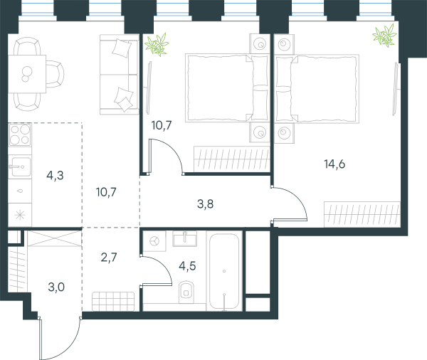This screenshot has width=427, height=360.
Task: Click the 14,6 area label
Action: click(x=334, y=164)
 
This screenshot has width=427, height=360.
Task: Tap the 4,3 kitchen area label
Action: click(x=55, y=176)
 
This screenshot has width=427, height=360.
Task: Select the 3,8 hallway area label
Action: click(x=206, y=203)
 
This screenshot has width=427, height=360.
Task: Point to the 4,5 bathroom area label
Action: click(x=187, y=266)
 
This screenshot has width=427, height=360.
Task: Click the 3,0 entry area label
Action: click(x=56, y=287)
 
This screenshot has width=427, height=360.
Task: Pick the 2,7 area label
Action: click(x=109, y=257)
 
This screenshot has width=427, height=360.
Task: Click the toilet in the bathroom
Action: click(x=186, y=292)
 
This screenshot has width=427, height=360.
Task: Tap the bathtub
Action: click(x=224, y=272)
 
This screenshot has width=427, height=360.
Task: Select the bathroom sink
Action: click(x=184, y=239)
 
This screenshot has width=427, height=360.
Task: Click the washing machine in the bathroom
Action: click(x=154, y=241)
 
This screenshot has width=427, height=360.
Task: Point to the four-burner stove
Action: click(x=20, y=134)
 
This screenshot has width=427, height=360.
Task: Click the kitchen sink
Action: click(x=20, y=166)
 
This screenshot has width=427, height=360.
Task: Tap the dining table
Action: click(x=27, y=74)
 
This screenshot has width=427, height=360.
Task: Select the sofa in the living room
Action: click(x=120, y=74)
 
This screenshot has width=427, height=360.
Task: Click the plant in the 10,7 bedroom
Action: click(x=157, y=44)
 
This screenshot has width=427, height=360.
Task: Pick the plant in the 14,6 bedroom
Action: click(x=385, y=36)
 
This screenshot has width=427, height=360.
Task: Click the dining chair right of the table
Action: click(x=55, y=74)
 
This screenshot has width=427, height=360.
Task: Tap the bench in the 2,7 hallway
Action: click(x=113, y=302)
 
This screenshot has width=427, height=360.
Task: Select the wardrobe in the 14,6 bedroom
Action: click(x=362, y=215)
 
